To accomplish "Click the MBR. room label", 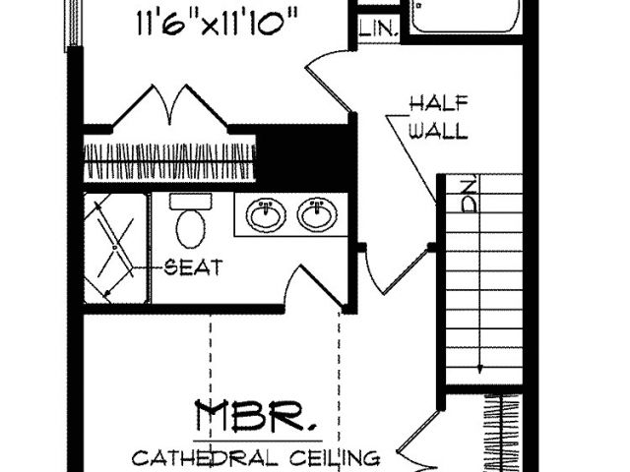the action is point(256,416).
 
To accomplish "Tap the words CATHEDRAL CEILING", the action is point(256,457).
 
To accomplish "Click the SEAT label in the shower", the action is point(194,267).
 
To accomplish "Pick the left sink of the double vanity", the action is point(266,214).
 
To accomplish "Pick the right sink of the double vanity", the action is point(317,214).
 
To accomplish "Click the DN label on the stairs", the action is point(470,196).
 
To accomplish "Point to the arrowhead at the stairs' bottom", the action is point(479,369).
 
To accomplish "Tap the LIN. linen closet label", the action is point(378,29).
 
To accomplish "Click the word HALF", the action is point(439,103).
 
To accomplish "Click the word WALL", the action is point(439,130).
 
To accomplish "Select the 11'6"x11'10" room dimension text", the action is point(218,23).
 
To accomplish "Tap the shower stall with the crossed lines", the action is point(115,248).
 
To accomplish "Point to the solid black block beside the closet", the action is point(306,157).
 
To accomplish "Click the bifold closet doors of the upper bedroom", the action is point(169,105).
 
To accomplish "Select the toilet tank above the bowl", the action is point(190,202).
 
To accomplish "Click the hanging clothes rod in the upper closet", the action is point(169,161).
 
